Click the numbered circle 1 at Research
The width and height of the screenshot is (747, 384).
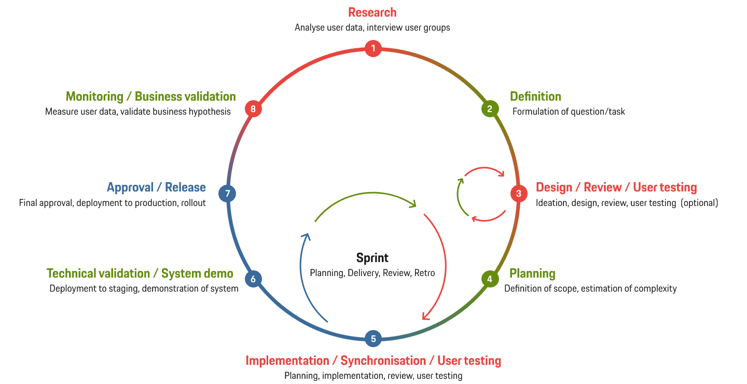[x=373, y=49]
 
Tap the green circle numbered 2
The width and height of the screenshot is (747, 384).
[x=489, y=109]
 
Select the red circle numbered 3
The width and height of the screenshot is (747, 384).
[x=518, y=194]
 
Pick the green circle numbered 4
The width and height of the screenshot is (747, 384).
[x=489, y=279]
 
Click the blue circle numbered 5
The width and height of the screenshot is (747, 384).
[x=373, y=339]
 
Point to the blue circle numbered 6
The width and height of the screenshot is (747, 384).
[x=253, y=279]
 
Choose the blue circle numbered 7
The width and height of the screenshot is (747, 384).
[x=227, y=194]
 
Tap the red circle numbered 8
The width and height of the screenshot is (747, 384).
[x=253, y=109]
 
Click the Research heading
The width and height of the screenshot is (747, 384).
[x=372, y=12]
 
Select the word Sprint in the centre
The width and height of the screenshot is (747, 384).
[x=372, y=258]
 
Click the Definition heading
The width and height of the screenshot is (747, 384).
[x=535, y=97]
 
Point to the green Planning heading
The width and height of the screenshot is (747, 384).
[x=532, y=273]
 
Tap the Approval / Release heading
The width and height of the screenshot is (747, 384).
[x=156, y=187]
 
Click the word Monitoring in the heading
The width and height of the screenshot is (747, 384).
[x=94, y=97]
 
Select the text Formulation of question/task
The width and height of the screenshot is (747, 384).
[x=569, y=112]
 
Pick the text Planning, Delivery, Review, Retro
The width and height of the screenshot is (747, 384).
[x=372, y=273]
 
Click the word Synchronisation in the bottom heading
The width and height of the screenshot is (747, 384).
[x=383, y=361]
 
